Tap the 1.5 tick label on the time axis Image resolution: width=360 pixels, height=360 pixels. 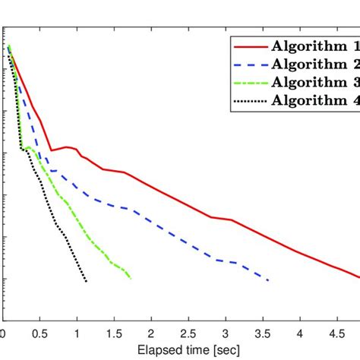(115, 335)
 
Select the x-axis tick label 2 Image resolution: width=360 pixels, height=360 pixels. (152, 335)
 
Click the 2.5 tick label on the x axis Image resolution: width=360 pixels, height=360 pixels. (189, 335)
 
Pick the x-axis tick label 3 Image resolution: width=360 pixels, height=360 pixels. (226, 335)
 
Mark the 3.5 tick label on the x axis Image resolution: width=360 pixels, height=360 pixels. (264, 335)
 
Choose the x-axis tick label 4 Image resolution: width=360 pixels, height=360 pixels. (301, 335)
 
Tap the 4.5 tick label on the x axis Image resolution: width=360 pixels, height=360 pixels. (338, 335)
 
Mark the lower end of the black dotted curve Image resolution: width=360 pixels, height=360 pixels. (87, 282)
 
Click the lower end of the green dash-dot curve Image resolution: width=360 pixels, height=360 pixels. (131, 279)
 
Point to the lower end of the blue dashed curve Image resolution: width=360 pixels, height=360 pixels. (269, 281)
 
